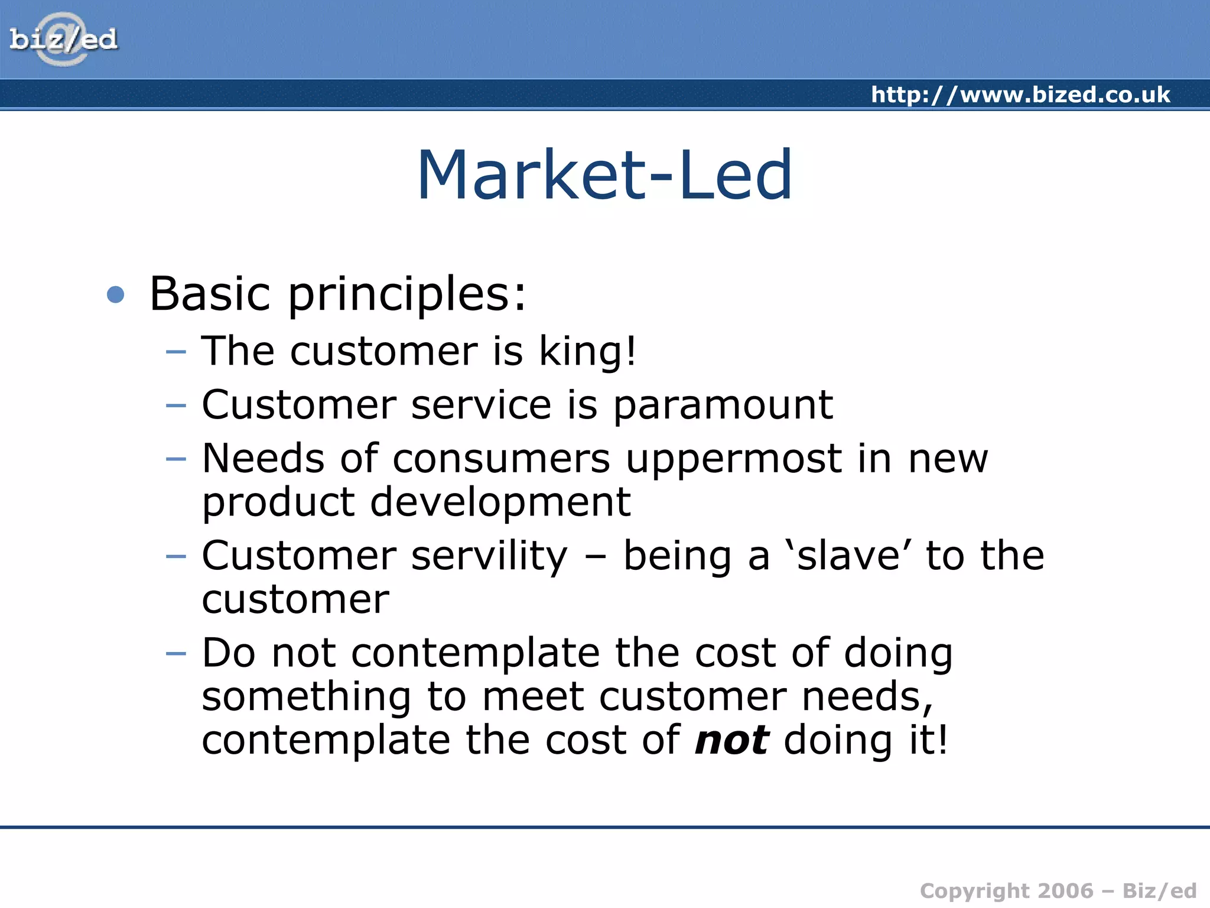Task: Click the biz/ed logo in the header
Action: point(63,39)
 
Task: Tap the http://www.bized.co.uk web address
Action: point(1020,95)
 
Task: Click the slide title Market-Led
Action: point(604,175)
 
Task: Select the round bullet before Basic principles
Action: point(116,294)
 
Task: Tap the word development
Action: point(500,502)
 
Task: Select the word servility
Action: point(489,557)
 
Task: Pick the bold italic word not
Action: point(731,740)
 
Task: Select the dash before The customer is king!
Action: point(176,352)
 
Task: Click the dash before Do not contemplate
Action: point(176,654)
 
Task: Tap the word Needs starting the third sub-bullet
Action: point(263,459)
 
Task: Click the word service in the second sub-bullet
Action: point(481,406)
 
